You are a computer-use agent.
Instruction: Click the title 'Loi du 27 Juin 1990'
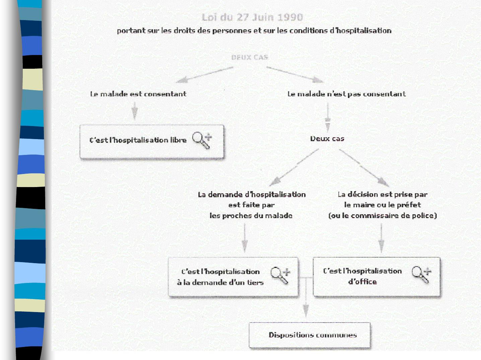tap(252, 17)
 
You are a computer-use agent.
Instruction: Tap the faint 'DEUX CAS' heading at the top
tap(250, 57)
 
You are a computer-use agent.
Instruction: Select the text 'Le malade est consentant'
tap(138, 94)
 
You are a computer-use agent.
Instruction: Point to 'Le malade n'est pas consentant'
tap(346, 94)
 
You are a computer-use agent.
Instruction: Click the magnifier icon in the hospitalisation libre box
tap(202, 140)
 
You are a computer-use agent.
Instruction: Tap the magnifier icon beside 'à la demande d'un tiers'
tap(280, 276)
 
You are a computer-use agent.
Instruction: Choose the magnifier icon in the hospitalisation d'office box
tap(421, 275)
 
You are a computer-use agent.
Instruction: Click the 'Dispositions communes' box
tap(310, 335)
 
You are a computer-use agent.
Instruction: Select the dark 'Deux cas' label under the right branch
tap(327, 138)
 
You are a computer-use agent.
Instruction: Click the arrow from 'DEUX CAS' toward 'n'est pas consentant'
tap(295, 74)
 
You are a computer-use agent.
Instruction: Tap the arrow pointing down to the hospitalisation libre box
tap(135, 111)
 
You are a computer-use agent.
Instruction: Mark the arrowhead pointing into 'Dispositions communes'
tap(306, 311)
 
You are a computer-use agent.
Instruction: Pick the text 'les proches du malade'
tap(251, 216)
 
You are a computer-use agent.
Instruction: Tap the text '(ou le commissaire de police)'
tap(383, 216)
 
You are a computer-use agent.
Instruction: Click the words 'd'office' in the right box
tap(362, 282)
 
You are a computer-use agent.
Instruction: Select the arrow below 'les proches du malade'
tap(245, 238)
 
